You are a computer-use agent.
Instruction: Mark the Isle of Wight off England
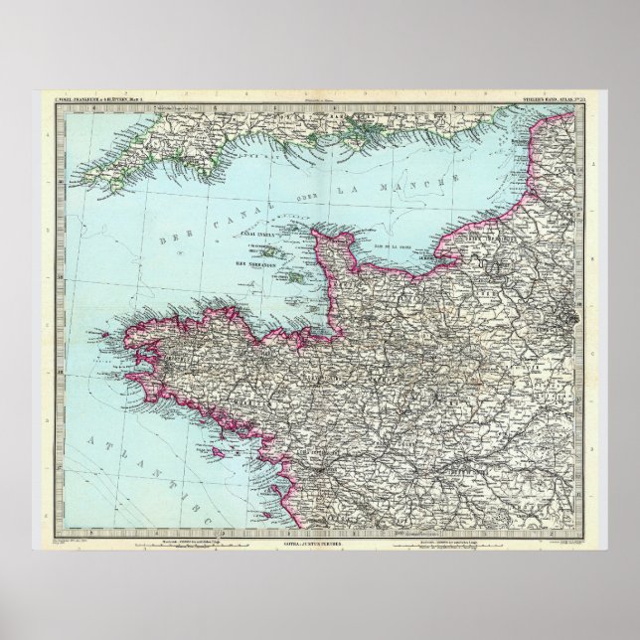pyautogui.click(x=368, y=126)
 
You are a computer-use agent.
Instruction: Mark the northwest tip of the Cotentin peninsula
pyautogui.click(x=316, y=235)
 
